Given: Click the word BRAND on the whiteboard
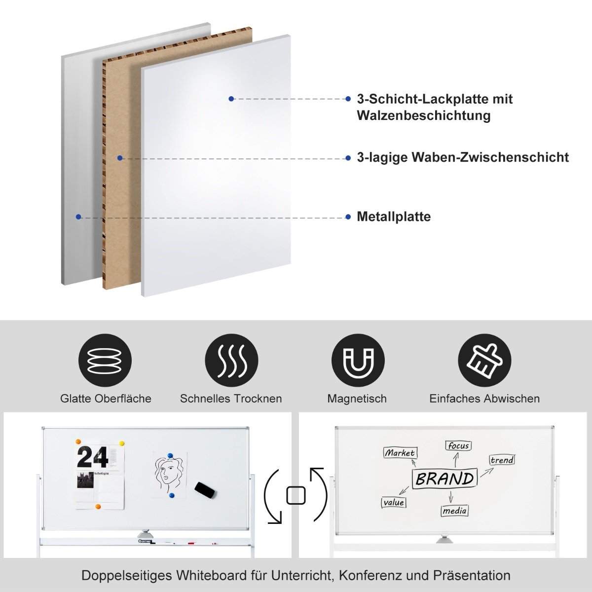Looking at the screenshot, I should [445, 478].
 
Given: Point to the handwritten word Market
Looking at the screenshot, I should [400, 452].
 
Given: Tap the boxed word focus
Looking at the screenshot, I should [458, 445].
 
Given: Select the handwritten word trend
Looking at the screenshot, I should [502, 460].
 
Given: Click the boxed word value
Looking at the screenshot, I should [393, 502].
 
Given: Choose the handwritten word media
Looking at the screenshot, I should [454, 511].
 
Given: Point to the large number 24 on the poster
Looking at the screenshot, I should [92, 457].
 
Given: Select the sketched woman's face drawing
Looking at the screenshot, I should [168, 473].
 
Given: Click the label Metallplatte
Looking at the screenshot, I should [394, 217].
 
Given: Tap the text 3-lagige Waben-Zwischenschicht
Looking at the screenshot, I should [463, 157].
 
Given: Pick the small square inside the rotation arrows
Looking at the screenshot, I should [296, 495].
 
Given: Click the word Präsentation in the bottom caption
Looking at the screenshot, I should [472, 575].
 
